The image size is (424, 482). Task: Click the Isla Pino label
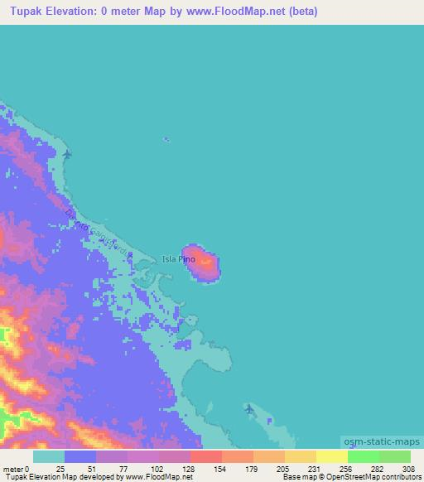click(x=179, y=258)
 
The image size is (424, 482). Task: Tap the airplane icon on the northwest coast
click(x=67, y=154)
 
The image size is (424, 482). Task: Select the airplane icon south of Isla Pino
click(x=249, y=408)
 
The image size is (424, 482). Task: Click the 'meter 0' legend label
click(x=16, y=469)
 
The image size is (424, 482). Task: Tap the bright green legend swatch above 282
click(x=363, y=456)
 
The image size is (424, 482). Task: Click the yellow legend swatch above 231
click(x=300, y=456)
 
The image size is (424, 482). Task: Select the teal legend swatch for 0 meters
click(x=48, y=456)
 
